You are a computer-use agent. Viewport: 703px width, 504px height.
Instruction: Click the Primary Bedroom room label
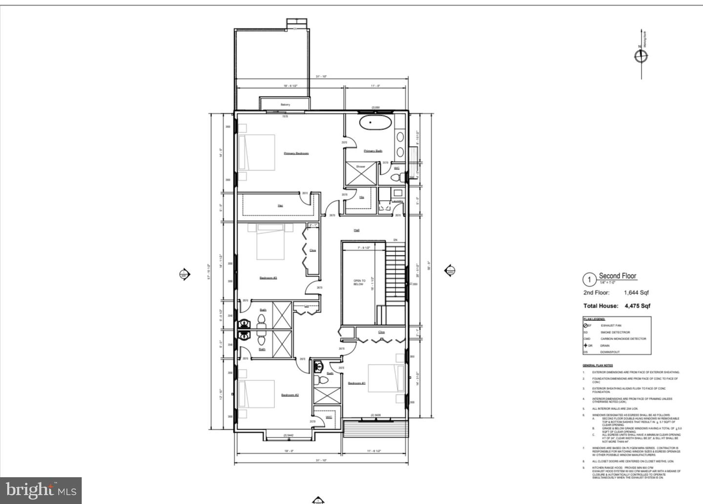tap(296, 153)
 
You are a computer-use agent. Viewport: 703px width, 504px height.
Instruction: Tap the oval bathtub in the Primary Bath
tap(374, 122)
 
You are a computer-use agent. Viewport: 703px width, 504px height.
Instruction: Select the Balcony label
tap(285, 105)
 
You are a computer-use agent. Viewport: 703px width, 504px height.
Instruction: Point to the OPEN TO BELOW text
tap(359, 282)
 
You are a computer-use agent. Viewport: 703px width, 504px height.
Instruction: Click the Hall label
tap(356, 230)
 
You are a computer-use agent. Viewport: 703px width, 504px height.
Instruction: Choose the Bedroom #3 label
tap(268, 278)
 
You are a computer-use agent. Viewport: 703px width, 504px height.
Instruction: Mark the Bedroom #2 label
tap(289, 395)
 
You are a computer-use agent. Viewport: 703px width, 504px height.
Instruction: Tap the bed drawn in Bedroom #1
tap(386, 378)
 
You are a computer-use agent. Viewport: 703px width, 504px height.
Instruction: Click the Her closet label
tap(280, 206)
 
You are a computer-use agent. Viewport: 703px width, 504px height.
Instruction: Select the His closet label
tap(362, 197)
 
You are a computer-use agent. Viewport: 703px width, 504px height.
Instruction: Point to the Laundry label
tap(397, 201)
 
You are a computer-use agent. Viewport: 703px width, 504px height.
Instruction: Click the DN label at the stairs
tap(395, 240)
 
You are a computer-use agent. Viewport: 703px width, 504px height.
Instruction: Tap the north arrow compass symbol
tap(641, 56)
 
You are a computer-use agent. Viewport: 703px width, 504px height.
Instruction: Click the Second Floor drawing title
tap(618, 276)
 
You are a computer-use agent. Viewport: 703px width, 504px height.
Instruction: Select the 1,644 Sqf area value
tap(636, 293)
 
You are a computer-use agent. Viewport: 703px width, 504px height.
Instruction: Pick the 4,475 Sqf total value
tap(638, 306)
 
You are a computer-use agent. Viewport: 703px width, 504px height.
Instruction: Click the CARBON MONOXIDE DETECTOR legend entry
tap(623, 339)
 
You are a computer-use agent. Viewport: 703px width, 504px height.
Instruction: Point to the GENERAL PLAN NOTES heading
tap(598, 365)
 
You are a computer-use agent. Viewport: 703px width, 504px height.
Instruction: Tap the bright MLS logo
tap(41, 490)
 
